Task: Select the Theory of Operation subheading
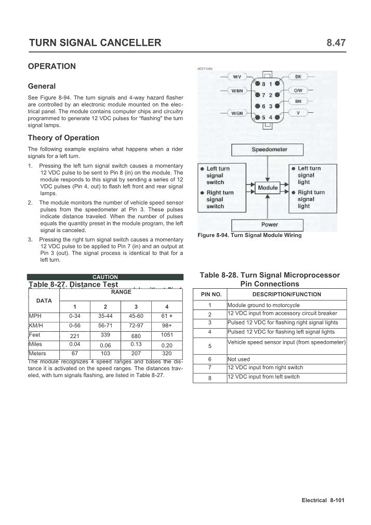63,138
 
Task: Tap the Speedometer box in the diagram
269,150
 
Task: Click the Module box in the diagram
268,187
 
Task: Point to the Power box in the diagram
269,225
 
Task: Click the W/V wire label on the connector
236,77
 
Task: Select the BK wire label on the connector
298,77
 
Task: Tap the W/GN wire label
237,113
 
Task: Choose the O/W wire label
298,90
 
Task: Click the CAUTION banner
105,277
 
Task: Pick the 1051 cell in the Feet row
166,335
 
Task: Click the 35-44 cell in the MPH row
105,315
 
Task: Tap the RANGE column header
121,292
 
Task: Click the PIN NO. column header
211,294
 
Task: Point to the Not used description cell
239,359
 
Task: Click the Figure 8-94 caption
249,235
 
